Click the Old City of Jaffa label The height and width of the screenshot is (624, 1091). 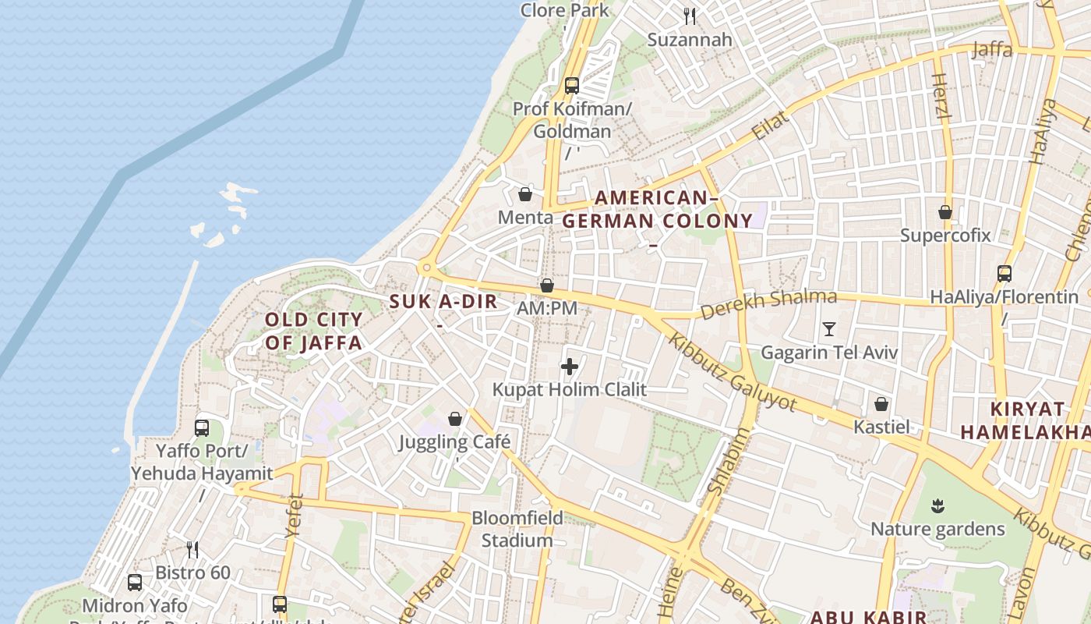coord(313,331)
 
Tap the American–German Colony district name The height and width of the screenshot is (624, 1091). coord(657,210)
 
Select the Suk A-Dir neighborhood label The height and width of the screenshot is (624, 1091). coord(443,302)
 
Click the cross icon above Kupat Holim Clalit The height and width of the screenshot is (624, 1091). coord(570,366)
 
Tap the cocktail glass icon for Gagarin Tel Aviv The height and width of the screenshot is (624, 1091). coord(829,329)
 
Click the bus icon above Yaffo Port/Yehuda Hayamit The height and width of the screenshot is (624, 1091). coord(202,427)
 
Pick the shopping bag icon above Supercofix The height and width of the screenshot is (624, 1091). coord(945,211)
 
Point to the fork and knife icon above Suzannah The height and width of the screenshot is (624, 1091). coord(690,16)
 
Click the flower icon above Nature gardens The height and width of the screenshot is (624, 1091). coord(937,507)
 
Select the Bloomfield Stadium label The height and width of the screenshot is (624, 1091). coord(517,529)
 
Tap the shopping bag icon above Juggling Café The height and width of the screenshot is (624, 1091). coord(455,419)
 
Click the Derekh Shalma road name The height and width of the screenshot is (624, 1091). coord(768,303)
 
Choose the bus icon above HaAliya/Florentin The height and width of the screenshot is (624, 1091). coord(1004,273)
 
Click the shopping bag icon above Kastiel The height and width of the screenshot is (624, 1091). coord(881,403)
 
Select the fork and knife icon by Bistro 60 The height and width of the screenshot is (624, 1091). coord(192,550)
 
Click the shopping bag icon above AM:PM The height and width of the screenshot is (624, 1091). coord(547,285)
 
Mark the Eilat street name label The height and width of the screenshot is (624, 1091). coord(771,125)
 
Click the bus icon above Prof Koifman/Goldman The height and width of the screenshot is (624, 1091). coord(572,86)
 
